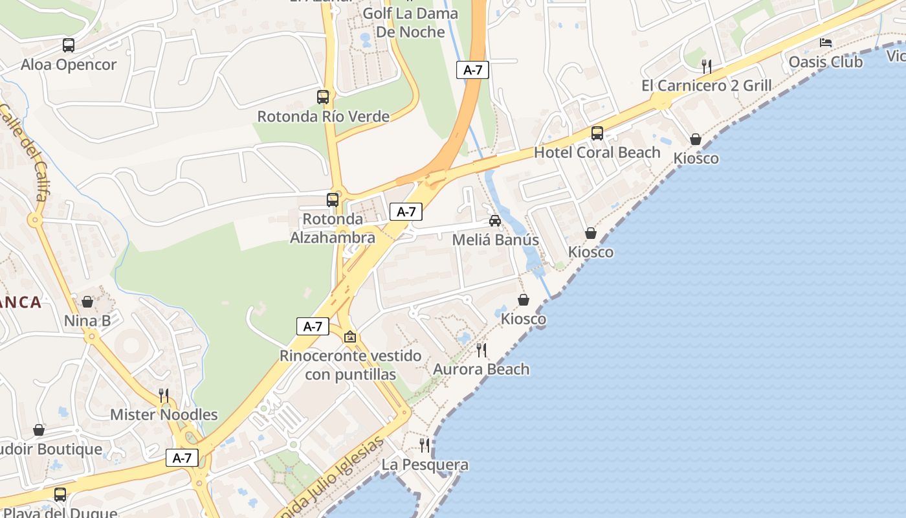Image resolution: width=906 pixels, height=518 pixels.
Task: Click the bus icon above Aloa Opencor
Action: tap(69, 45)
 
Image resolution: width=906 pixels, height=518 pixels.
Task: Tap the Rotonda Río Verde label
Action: tap(323, 117)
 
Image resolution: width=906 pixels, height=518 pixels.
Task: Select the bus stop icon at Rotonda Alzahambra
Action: tap(333, 200)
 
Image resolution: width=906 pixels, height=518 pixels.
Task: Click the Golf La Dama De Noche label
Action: tap(410, 23)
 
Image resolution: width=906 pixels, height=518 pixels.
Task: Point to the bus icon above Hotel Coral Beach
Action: tap(597, 133)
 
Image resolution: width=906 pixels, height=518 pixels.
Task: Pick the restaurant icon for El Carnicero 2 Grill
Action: tap(707, 66)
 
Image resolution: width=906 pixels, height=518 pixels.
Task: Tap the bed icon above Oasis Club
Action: tap(826, 43)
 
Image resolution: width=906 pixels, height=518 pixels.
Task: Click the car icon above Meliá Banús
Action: tap(495, 221)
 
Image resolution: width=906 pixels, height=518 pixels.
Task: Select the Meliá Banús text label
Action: tap(495, 240)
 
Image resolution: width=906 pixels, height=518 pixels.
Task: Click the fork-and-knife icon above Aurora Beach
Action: tap(481, 350)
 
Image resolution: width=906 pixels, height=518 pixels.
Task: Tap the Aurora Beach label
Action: tap(481, 369)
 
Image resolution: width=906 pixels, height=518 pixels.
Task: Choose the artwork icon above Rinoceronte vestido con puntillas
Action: tap(350, 337)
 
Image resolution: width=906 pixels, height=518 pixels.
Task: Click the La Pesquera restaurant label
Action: tap(425, 464)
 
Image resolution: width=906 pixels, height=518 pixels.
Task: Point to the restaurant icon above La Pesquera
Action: tap(425, 445)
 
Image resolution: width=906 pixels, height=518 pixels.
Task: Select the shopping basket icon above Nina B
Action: tap(87, 302)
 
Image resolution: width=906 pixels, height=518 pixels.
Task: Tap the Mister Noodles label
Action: tap(164, 414)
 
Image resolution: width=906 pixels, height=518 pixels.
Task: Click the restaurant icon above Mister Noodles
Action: tap(164, 395)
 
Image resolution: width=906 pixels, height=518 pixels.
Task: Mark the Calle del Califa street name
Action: tap(26, 152)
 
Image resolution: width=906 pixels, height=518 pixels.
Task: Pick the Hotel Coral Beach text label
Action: tap(597, 152)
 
